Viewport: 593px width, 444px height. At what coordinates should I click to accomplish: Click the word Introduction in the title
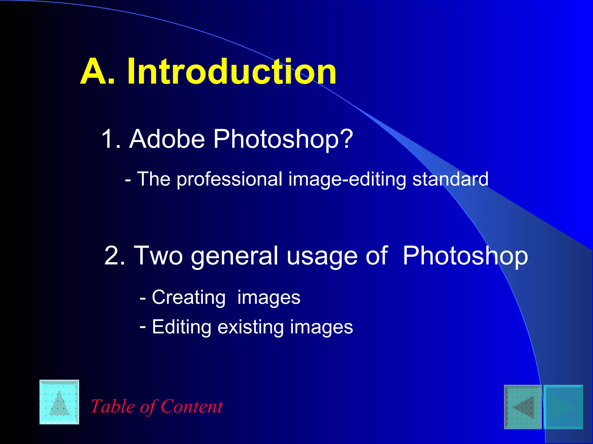[232, 71]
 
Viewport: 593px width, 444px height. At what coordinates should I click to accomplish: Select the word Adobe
[167, 139]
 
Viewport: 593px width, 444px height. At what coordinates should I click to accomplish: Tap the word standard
[450, 179]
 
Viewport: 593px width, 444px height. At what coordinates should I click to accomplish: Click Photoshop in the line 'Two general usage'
[465, 256]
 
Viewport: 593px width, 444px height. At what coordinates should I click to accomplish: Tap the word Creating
[188, 298]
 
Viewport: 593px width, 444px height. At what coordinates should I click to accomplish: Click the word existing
[250, 327]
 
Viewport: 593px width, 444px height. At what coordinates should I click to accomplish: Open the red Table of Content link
[157, 406]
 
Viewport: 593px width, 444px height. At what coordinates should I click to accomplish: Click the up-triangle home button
[59, 402]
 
